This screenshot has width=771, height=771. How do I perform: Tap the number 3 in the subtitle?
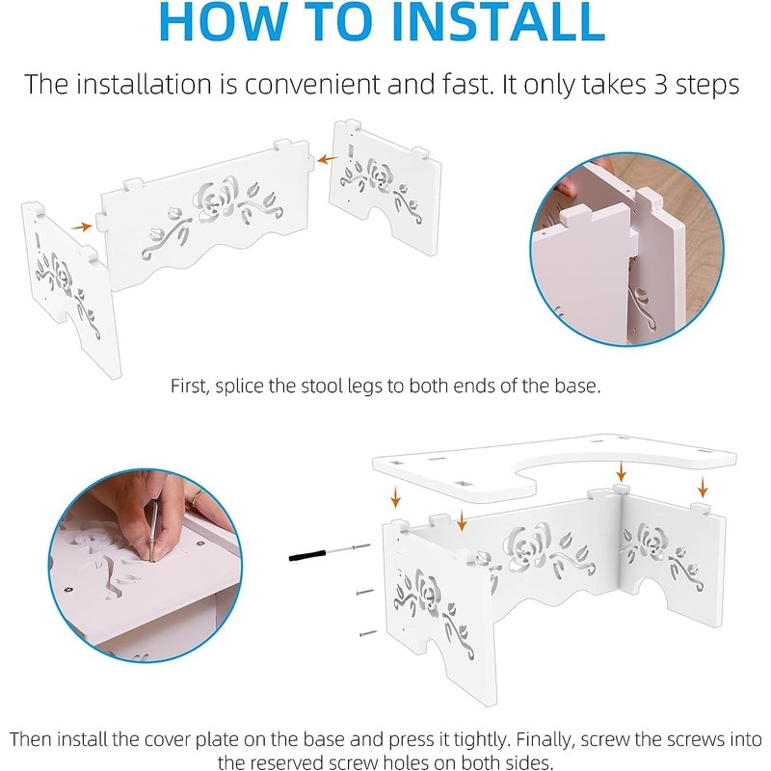click(660, 85)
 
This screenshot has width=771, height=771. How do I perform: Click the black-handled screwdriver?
click(329, 552)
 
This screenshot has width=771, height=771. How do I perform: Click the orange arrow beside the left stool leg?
click(81, 226)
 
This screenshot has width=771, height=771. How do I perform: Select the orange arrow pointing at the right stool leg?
click(327, 159)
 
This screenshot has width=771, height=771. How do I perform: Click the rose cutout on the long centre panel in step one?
click(215, 199)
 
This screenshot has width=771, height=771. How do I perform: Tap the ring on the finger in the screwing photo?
click(197, 496)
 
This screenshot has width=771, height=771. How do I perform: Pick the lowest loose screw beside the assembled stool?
click(368, 634)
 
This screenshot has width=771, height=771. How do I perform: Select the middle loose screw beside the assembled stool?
click(364, 592)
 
